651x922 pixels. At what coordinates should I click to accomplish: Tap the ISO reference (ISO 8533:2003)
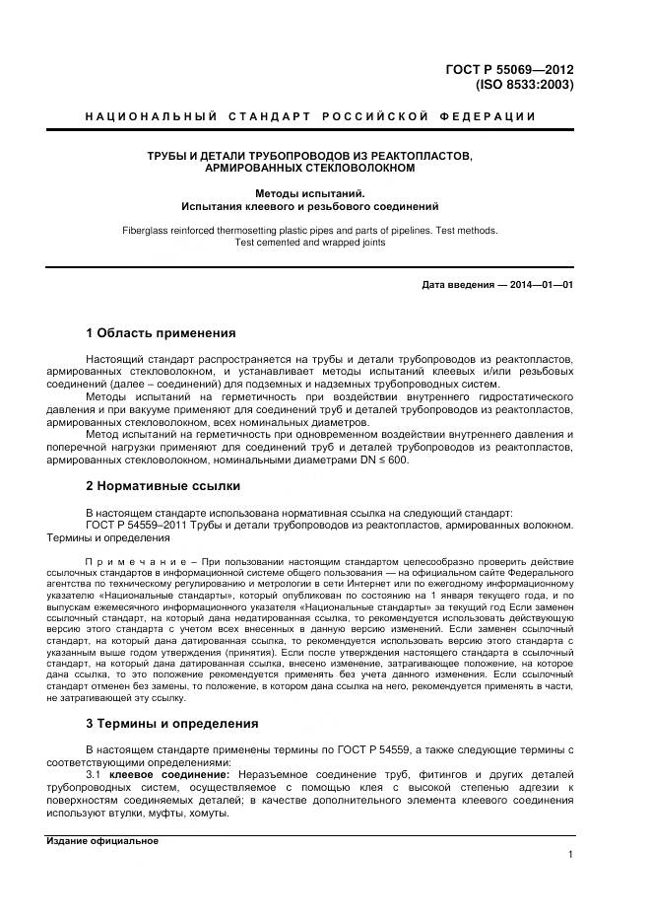pos(524,85)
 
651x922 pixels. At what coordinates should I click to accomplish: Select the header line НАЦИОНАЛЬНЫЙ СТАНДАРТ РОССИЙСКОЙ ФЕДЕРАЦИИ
pos(310,116)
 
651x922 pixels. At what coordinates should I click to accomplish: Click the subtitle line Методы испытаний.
pos(310,193)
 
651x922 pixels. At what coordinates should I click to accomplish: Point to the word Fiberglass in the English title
pos(145,230)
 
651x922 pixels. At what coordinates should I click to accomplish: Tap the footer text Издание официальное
pos(102,841)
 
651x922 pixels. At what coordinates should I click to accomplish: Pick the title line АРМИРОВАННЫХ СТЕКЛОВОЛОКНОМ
pos(310,169)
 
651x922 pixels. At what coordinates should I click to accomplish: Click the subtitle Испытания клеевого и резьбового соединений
pos(310,207)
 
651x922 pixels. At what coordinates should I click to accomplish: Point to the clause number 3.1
pos(94,775)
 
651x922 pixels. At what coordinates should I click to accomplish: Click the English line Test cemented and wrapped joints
pos(310,243)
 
